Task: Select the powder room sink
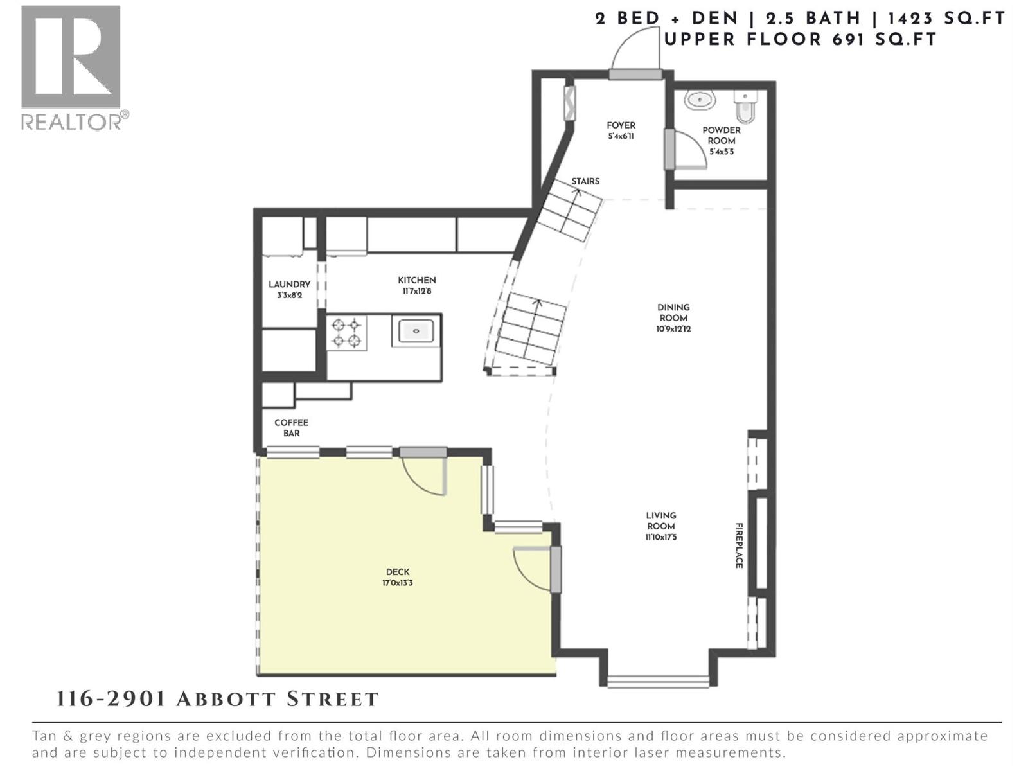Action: [700, 100]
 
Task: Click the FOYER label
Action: [621, 126]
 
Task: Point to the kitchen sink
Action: [416, 331]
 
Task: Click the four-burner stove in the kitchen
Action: [346, 333]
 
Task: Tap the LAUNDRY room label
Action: [289, 285]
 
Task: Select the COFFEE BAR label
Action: [291, 428]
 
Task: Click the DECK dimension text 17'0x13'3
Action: [398, 583]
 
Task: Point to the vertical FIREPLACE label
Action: [739, 545]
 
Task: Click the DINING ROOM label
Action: [673, 312]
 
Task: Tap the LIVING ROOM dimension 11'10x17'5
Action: [661, 537]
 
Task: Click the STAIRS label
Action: [585, 181]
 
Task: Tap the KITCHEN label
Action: [416, 280]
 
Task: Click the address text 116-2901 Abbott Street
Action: [217, 699]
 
